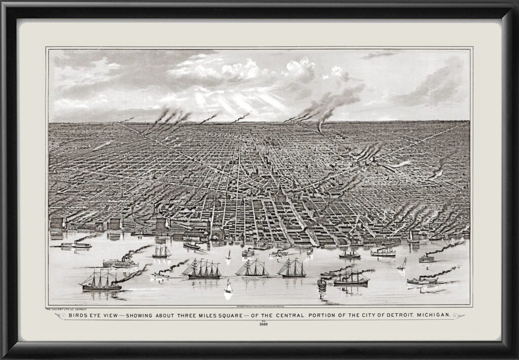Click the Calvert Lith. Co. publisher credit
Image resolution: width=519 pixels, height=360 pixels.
coord(66,308)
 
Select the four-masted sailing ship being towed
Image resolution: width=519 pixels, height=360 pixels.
coord(202,269)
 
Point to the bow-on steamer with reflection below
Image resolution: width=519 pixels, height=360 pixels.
coord(321,284)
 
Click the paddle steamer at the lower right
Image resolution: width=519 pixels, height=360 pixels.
coord(422,280)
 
